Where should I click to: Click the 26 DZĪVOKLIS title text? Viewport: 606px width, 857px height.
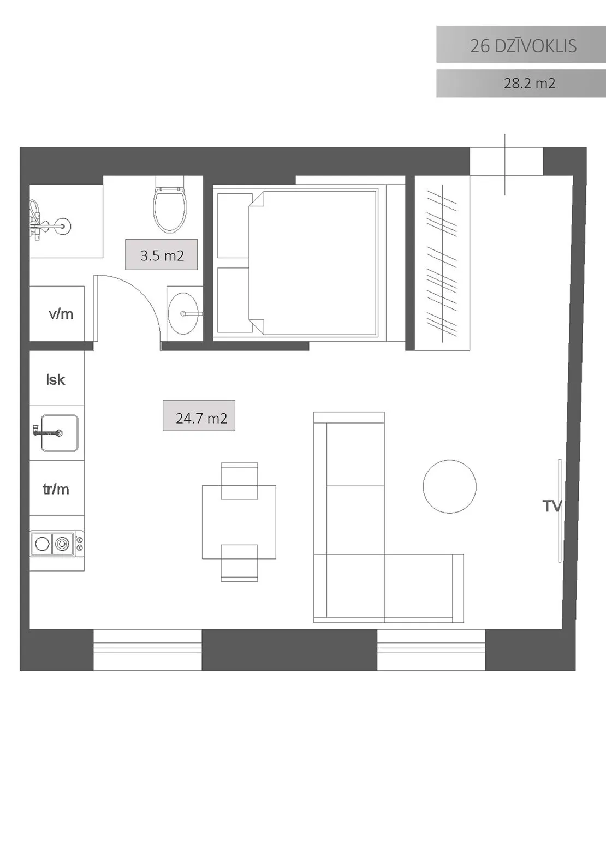pos(523,46)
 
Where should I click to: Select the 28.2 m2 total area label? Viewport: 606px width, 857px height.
pos(529,83)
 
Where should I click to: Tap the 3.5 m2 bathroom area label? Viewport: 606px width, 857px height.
pos(162,255)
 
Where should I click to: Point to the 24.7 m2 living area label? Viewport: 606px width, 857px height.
pos(201,418)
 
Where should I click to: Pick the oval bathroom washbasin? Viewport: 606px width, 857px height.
pos(183,313)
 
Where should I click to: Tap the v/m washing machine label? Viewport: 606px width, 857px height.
pos(61,314)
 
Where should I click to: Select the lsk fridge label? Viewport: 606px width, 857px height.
pos(56,379)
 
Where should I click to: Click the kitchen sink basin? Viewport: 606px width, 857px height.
pos(60,433)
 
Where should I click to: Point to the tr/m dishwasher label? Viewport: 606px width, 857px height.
pos(56,489)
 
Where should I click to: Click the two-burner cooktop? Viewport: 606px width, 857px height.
pos(57,544)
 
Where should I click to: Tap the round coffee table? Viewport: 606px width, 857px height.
pos(449,486)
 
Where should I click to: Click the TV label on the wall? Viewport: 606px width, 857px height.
pos(552,506)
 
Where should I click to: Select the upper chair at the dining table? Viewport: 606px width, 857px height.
pos(239,481)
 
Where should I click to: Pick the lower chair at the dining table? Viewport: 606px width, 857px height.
pos(239,563)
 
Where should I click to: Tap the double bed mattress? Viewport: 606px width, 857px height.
pos(313,263)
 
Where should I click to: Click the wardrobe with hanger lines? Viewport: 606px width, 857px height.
pos(442,263)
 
